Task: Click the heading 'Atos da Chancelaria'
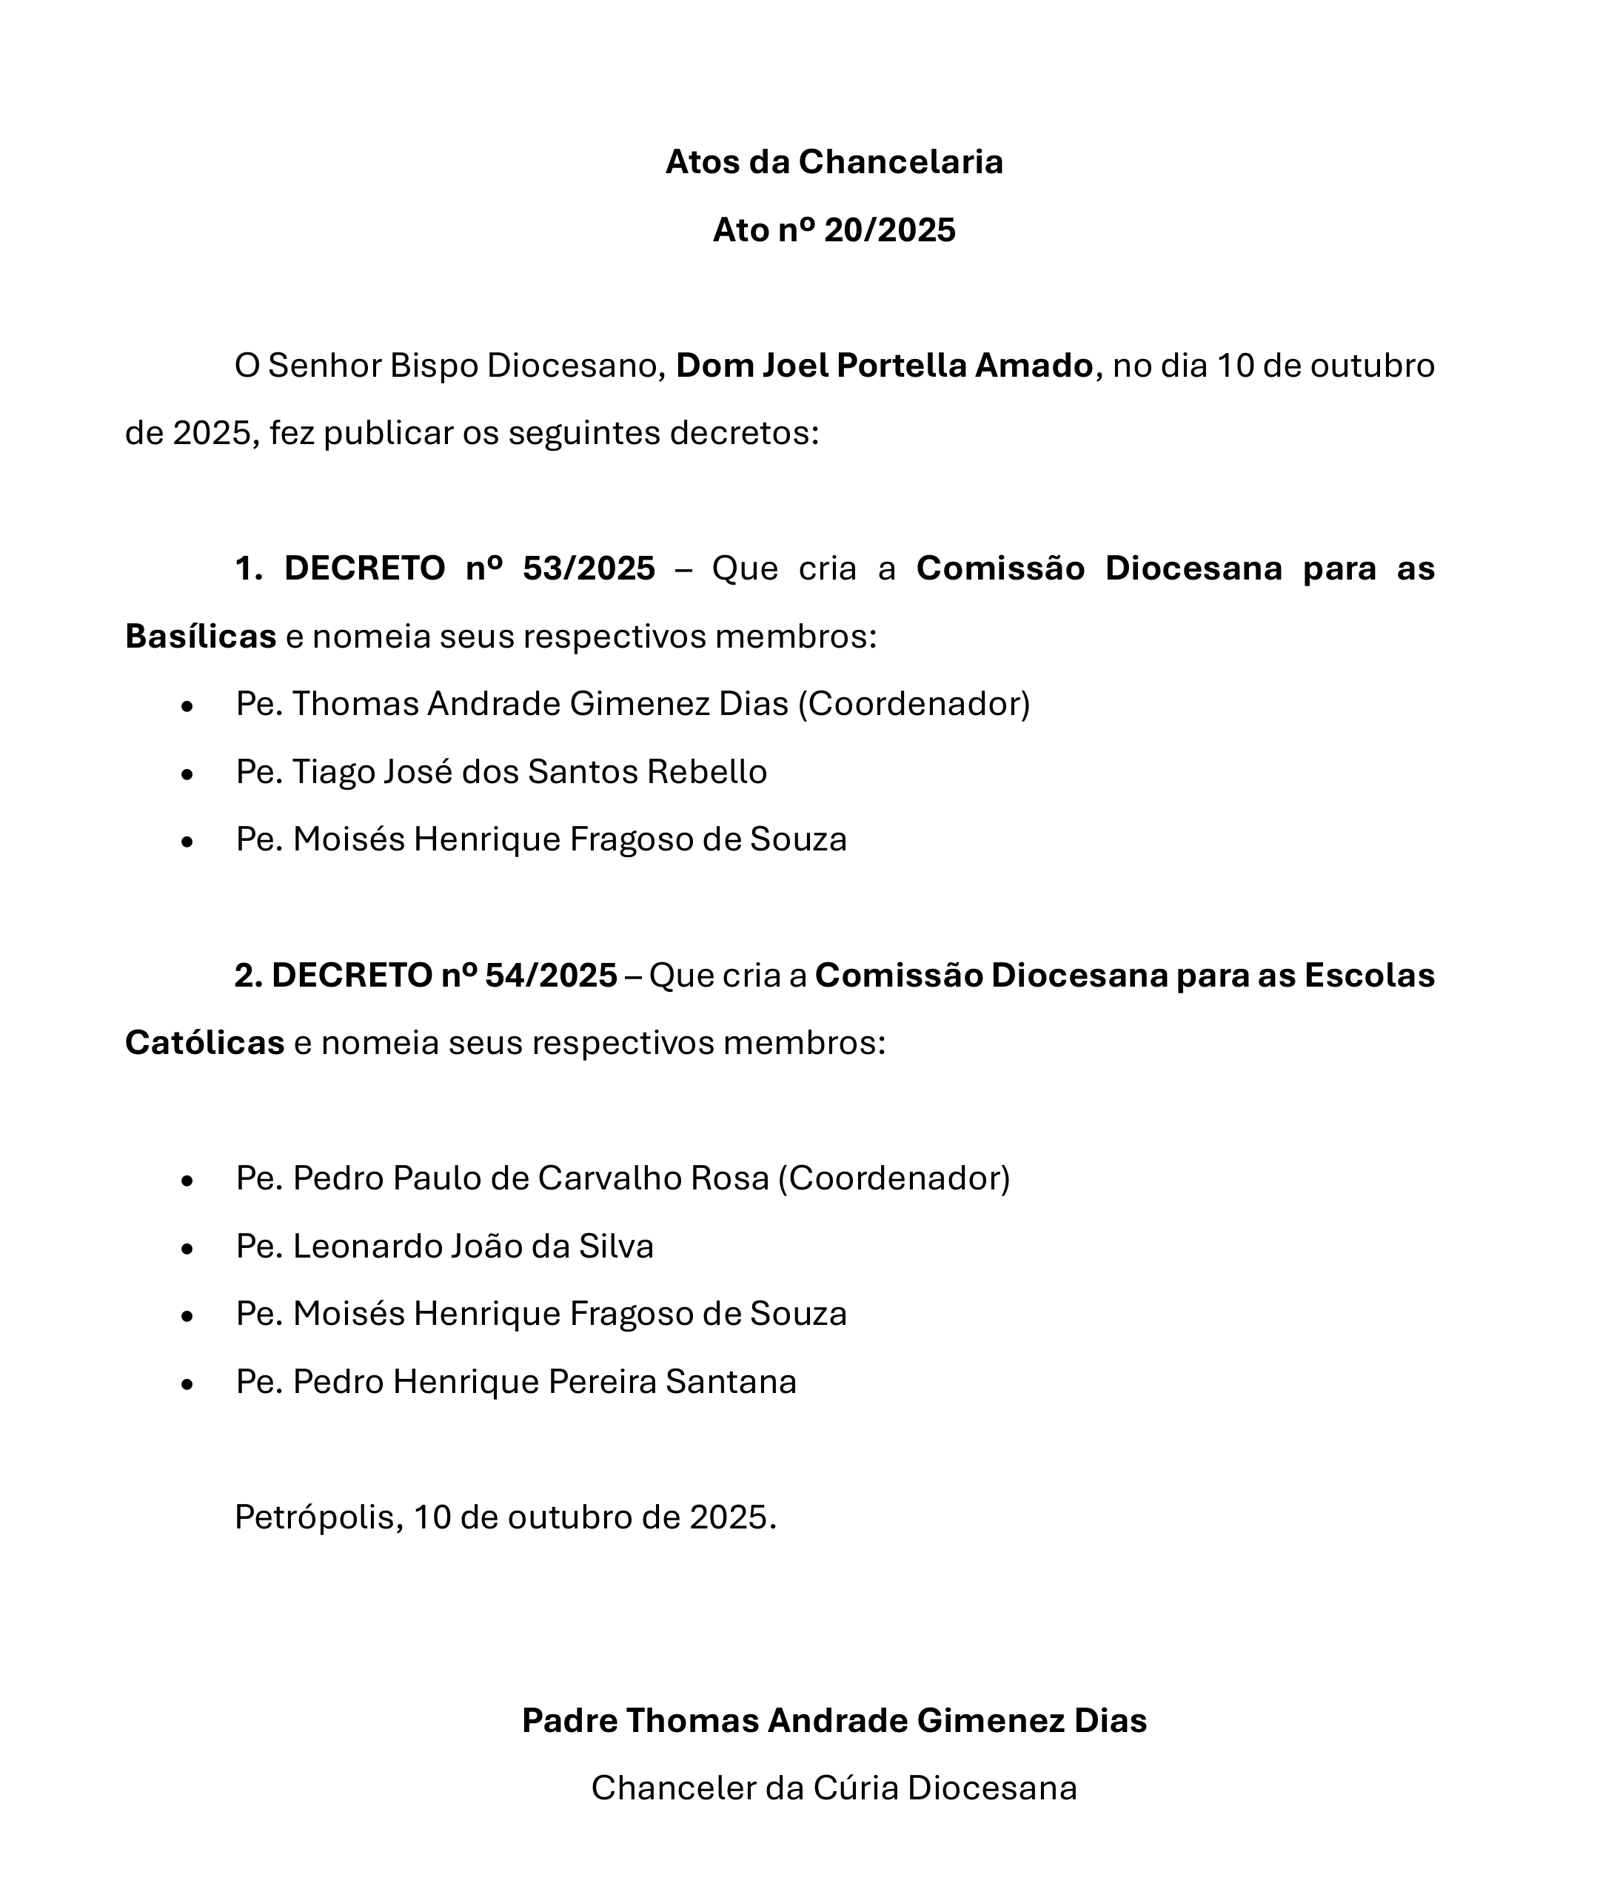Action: pyautogui.click(x=834, y=162)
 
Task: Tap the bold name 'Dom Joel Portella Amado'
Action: pyautogui.click(x=883, y=366)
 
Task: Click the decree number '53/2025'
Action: pyautogui.click(x=589, y=569)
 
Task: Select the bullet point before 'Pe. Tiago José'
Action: pyautogui.click(x=187, y=773)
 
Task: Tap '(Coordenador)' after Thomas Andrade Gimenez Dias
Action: pyautogui.click(x=914, y=705)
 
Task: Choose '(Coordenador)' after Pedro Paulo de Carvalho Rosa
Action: pyautogui.click(x=894, y=1178)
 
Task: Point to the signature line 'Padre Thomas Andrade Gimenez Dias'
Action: pyautogui.click(x=834, y=1720)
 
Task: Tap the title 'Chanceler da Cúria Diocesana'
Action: pyautogui.click(x=834, y=1788)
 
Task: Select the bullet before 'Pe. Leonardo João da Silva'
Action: pyautogui.click(x=187, y=1249)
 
